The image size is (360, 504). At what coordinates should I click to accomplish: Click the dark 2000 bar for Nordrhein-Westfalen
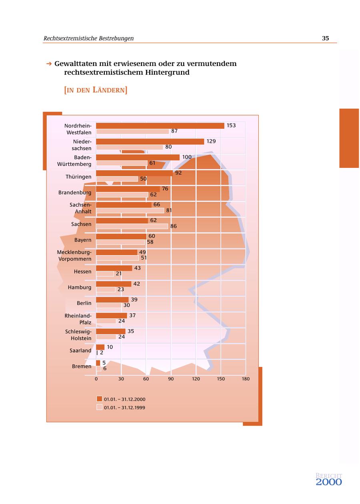(160, 126)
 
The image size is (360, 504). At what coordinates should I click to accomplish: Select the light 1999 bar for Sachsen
(132, 226)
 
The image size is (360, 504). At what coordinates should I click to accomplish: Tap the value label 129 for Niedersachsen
(211, 141)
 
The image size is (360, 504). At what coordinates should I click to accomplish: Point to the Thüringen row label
(78, 177)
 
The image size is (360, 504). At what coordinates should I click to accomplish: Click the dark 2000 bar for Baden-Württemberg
(138, 157)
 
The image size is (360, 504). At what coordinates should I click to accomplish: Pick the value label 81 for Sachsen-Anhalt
(169, 210)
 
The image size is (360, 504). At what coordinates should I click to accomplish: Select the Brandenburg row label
(75, 193)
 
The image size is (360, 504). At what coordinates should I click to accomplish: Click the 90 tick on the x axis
(171, 379)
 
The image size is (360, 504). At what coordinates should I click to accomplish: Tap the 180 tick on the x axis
(246, 379)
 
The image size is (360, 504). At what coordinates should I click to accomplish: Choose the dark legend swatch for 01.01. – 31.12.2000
(100, 399)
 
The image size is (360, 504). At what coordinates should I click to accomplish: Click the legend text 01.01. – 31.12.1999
(124, 408)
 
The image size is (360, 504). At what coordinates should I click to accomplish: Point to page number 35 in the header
(325, 38)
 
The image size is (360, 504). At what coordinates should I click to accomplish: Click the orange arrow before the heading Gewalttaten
(49, 64)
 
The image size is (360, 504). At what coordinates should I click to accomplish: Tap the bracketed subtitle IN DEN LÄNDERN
(96, 90)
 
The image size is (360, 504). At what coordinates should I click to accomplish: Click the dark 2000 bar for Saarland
(100, 347)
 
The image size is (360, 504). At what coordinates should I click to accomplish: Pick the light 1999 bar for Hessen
(105, 274)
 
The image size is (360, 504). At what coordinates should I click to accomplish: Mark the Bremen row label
(82, 367)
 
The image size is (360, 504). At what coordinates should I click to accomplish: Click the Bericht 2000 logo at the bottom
(329, 479)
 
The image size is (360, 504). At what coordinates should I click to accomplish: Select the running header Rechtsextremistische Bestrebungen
(88, 38)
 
